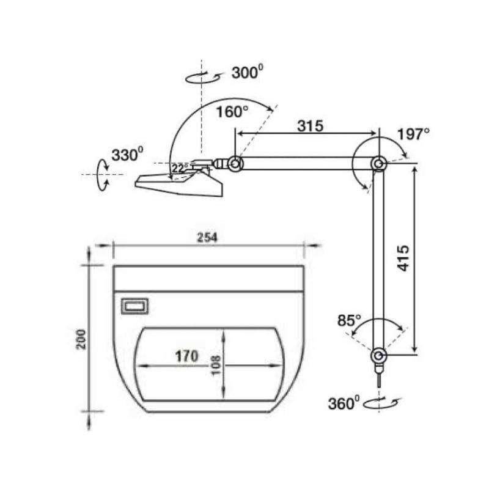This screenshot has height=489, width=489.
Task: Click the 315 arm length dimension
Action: [311, 126]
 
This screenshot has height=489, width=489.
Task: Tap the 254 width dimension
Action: [207, 238]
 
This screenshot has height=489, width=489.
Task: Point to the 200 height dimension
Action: [81, 339]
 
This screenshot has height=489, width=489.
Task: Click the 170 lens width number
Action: [187, 356]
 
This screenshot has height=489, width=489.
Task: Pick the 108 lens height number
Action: [216, 366]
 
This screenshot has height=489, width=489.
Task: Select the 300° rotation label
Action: [248, 72]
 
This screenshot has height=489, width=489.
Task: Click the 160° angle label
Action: [232, 112]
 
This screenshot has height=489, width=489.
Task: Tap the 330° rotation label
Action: [128, 155]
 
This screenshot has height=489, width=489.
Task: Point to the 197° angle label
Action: [414, 134]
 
